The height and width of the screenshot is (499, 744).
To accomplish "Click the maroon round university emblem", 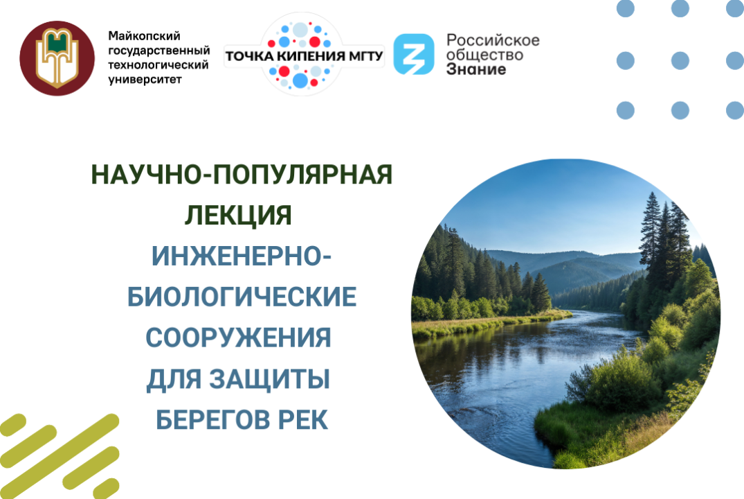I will click(x=57, y=58).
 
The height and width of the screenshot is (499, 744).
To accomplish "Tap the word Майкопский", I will click(x=139, y=35).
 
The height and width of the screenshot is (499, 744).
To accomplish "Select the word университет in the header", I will click(x=145, y=80).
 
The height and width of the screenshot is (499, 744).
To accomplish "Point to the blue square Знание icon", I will click(x=414, y=54).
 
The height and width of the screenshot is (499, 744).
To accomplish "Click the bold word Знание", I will click(x=475, y=69).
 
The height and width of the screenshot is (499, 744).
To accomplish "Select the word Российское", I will click(x=493, y=40).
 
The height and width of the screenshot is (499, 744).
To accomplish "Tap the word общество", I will click(x=484, y=55).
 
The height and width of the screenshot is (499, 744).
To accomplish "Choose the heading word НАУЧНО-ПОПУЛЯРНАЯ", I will click(x=242, y=175).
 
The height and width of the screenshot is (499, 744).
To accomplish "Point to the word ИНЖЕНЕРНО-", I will click(x=241, y=257).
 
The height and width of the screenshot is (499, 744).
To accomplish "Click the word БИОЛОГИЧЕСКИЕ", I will click(x=242, y=298).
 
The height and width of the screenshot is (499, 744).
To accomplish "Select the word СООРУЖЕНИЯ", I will click(x=238, y=339).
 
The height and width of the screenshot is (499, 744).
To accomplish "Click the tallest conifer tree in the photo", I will click(x=651, y=236).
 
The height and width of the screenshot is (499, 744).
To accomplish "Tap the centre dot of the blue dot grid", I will click(x=680, y=60).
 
